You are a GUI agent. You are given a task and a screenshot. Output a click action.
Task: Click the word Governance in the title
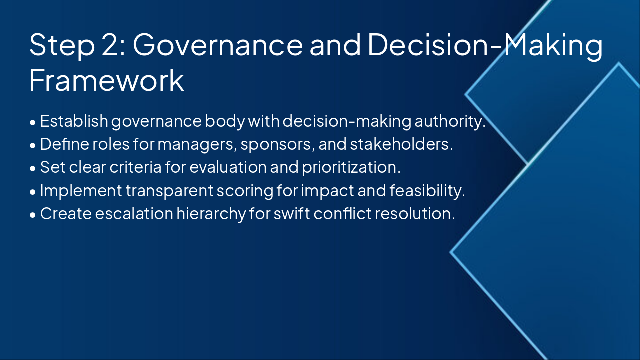(x=217, y=45)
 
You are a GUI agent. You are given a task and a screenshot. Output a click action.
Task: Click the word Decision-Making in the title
(x=485, y=45)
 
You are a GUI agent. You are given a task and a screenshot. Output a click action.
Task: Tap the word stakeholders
(x=401, y=144)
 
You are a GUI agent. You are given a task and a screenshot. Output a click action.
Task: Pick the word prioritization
(x=351, y=167)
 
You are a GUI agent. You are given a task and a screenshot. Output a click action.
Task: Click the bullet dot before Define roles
(x=33, y=145)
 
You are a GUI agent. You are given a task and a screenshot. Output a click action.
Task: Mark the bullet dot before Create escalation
(x=33, y=214)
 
